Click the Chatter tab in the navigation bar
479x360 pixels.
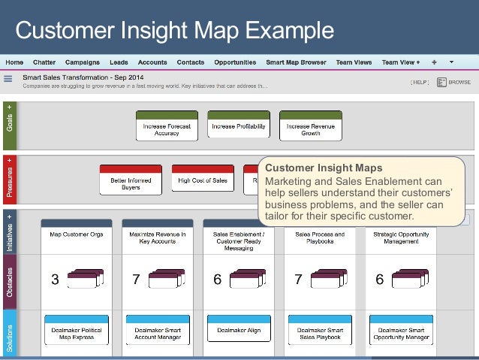[44, 62]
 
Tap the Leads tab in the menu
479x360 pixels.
[119, 62]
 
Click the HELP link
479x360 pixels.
[420, 82]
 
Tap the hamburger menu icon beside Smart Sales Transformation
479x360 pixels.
[8, 78]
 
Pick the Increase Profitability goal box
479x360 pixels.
[239, 126]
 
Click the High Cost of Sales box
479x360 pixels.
[203, 180]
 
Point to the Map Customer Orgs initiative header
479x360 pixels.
[77, 234]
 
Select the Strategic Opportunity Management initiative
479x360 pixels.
[401, 237]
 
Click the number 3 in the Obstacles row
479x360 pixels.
[55, 280]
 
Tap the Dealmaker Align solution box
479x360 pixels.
[239, 330]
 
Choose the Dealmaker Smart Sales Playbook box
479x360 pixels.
[320, 333]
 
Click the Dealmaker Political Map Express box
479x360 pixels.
[76, 333]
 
